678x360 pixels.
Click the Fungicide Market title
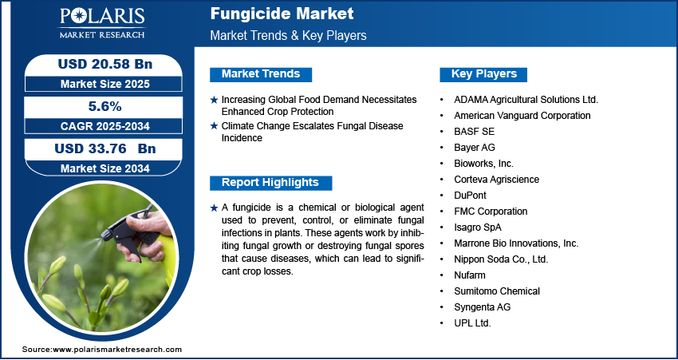coord(282,14)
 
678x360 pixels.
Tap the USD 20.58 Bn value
coord(105,64)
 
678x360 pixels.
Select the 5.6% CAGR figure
coord(105,106)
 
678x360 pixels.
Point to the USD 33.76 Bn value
coord(105,148)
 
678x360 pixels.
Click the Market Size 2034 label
coord(105,168)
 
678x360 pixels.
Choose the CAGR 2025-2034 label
coord(105,126)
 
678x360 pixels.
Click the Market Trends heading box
coord(261,74)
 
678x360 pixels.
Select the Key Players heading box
coord(483,74)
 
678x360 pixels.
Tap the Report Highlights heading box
coord(270,183)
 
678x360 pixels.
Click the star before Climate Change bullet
coord(214,126)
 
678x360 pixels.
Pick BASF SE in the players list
coord(474,131)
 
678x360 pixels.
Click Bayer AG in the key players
coord(475,147)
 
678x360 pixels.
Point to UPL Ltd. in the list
coord(472,322)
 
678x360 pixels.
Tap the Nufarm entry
coord(470,275)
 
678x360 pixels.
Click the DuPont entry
coord(470,195)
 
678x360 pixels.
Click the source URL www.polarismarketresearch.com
coord(117,349)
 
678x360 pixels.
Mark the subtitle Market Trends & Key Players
coord(289,35)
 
